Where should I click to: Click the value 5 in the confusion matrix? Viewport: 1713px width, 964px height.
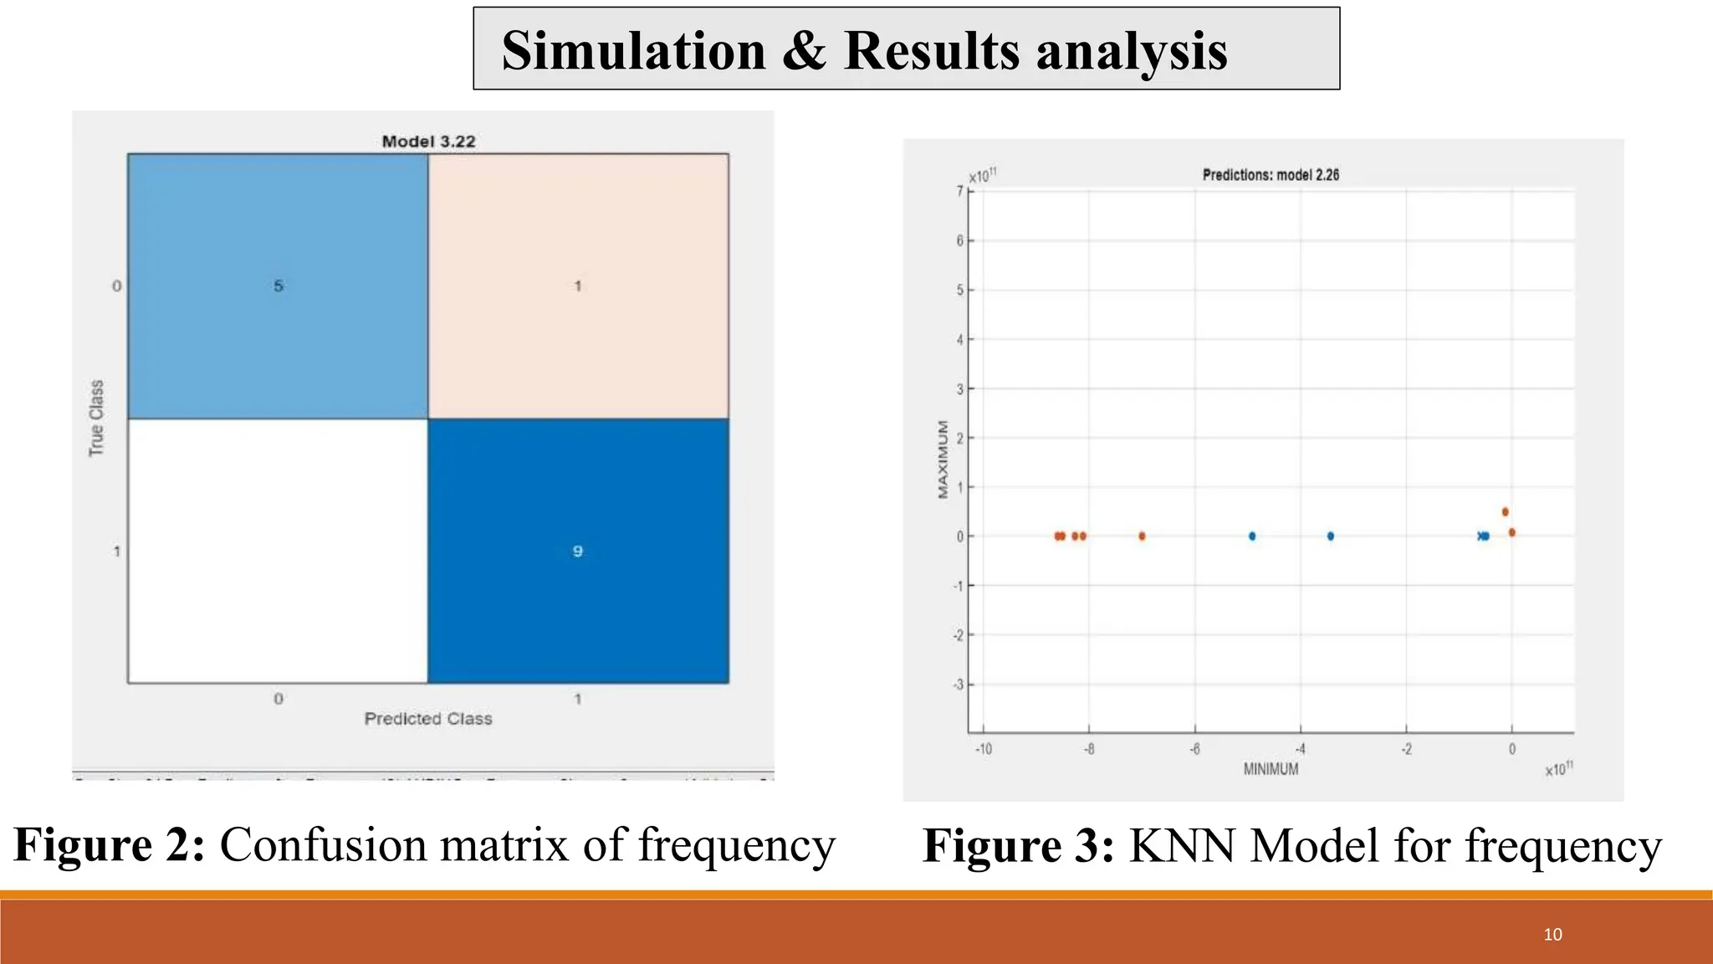279,286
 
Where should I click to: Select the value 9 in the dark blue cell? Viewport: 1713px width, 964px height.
577,551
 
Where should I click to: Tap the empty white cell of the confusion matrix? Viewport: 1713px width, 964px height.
278,551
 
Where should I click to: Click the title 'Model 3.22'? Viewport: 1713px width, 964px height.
428,141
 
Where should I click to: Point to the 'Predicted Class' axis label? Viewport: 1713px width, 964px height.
428,719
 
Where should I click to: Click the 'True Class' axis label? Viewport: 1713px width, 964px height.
97,418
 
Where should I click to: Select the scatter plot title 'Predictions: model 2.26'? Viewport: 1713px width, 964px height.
1271,175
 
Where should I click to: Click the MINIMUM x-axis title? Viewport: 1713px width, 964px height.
1271,769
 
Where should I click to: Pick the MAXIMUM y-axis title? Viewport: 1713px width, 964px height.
943,459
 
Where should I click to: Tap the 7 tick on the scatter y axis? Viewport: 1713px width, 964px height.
960,191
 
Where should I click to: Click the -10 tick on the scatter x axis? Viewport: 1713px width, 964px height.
984,749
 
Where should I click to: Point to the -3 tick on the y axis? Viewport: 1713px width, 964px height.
959,685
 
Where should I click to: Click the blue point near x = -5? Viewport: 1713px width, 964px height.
1252,536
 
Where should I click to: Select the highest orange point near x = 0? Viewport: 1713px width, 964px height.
1505,512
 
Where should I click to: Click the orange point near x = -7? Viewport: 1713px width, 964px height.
1142,536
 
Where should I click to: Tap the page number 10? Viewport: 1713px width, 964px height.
1552,935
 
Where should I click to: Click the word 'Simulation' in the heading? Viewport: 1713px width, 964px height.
633,50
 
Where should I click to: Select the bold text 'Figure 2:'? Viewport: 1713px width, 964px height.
110,844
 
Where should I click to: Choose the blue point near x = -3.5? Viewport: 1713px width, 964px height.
1331,536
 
